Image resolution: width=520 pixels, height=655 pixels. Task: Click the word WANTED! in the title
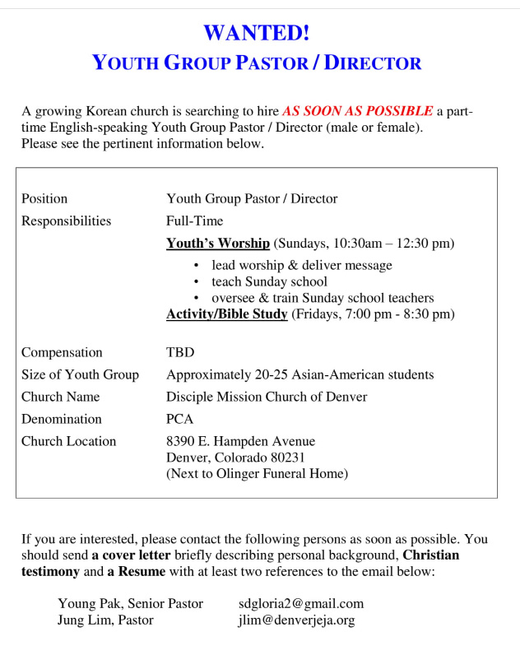click(x=257, y=33)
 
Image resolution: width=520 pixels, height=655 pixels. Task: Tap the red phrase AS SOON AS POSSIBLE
click(x=357, y=111)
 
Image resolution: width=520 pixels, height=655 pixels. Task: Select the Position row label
click(x=44, y=198)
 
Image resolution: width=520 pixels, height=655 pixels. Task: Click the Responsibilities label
click(x=66, y=221)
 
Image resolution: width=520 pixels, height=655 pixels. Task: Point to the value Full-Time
click(x=194, y=221)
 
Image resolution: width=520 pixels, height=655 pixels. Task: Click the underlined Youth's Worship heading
click(x=218, y=244)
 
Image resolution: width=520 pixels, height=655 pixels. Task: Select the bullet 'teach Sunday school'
click(x=269, y=281)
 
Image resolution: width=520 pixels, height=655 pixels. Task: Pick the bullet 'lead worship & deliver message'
click(x=301, y=265)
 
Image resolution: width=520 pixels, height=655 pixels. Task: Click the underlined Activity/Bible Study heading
click(x=227, y=314)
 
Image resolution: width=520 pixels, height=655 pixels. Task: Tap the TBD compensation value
click(x=180, y=352)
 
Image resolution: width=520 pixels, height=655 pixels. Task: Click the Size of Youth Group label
click(x=80, y=374)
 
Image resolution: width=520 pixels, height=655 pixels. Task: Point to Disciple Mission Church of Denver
click(x=267, y=397)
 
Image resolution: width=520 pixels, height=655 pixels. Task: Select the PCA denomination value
click(x=179, y=419)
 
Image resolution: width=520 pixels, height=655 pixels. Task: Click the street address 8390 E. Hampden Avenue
click(x=240, y=441)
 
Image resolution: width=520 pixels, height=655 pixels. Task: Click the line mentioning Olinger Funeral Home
click(x=257, y=473)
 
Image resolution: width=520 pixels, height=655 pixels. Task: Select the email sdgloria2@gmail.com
click(x=300, y=604)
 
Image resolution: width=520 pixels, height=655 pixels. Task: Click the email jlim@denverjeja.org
click(x=296, y=620)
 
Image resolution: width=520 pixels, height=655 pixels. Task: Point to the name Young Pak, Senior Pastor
click(x=130, y=604)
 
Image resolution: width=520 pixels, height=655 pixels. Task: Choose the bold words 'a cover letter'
click(x=131, y=555)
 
